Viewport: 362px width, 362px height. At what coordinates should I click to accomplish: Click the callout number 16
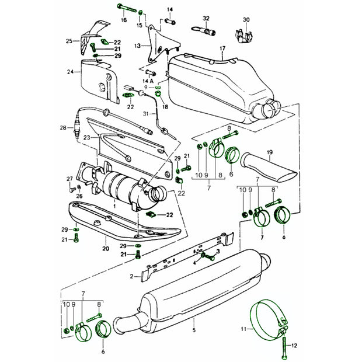(124, 20)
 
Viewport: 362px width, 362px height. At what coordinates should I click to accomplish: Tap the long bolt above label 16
(127, 8)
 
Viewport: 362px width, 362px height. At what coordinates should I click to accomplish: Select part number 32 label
(206, 19)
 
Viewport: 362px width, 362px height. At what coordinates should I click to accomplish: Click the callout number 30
(246, 20)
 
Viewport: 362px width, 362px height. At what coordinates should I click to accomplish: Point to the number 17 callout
(222, 48)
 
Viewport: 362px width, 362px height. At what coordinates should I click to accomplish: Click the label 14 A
(148, 81)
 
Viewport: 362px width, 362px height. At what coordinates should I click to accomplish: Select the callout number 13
(137, 46)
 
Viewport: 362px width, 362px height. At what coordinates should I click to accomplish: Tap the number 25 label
(69, 41)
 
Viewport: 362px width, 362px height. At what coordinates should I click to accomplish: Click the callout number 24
(70, 72)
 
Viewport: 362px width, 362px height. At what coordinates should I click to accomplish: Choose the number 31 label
(146, 114)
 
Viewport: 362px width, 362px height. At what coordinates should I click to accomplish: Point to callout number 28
(63, 128)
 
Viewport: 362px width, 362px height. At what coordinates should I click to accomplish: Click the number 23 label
(87, 138)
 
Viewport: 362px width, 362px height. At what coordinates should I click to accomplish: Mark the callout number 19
(270, 152)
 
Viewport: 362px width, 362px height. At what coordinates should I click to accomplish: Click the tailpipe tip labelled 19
(269, 166)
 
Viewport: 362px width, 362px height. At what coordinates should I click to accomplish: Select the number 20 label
(106, 249)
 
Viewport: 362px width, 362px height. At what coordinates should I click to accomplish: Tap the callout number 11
(244, 329)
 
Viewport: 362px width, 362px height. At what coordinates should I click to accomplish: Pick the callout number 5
(194, 330)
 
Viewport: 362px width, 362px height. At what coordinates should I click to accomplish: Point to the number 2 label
(131, 276)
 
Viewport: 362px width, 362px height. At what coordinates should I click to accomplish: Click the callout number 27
(69, 179)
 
